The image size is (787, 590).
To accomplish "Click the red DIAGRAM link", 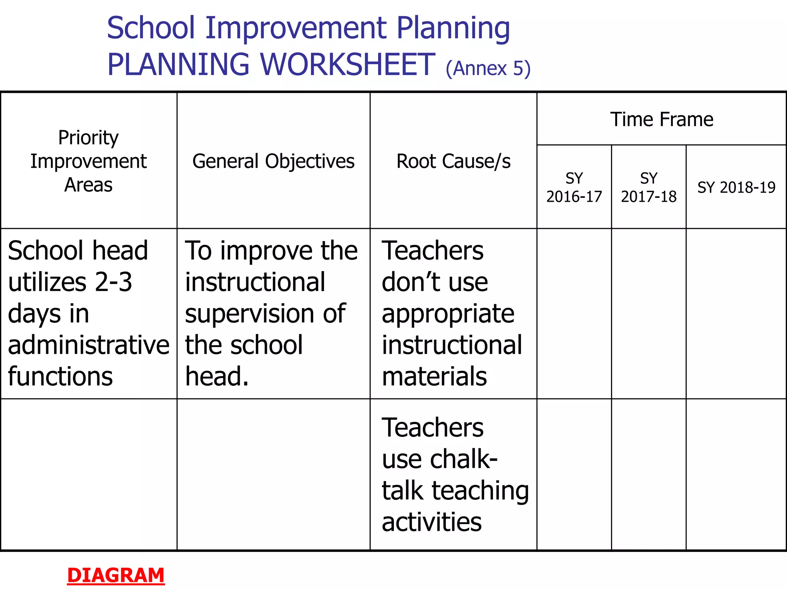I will point(116,575).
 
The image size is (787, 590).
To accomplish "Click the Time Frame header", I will point(661,119).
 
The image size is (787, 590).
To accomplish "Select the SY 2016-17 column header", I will point(574,187).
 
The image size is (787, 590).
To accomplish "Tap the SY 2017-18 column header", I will point(648,187).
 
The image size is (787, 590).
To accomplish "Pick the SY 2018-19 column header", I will point(736,187).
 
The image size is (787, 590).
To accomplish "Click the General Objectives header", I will point(273,161).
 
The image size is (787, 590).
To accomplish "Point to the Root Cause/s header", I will point(453,161).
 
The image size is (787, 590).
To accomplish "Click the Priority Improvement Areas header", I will point(88,161).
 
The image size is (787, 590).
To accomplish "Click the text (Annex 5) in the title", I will point(488,69).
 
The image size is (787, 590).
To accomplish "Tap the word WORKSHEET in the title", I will point(347,65).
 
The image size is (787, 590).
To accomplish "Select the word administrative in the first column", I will point(88,345).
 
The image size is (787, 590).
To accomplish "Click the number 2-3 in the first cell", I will point(113,282).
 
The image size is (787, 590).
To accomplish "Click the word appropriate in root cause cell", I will point(448,313).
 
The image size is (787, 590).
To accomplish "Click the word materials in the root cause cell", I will point(434,376).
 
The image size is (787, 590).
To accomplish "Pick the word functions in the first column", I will point(60,376).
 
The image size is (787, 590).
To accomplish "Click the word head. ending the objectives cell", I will point(217,376).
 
